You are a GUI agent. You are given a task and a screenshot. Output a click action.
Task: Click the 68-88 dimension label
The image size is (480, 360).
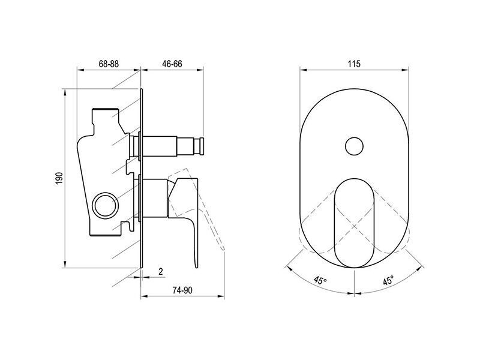(x=109, y=64)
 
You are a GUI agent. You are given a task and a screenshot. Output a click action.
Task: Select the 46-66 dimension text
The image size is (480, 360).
(x=172, y=64)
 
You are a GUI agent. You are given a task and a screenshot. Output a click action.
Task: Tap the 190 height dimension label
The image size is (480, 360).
(x=59, y=178)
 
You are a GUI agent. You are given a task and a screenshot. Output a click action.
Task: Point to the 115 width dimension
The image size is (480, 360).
(x=354, y=64)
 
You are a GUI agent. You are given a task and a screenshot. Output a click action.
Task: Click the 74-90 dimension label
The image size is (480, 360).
(x=182, y=290)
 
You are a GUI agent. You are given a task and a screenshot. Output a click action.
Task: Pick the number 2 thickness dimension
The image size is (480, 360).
(x=161, y=271)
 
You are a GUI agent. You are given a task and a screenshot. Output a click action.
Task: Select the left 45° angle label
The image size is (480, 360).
(x=320, y=280)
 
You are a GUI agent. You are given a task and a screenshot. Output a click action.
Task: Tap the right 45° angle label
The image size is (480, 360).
(x=388, y=280)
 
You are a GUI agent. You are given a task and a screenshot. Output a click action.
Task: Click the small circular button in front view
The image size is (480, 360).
(x=354, y=146)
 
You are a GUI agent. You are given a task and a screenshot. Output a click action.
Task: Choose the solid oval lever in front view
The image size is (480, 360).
(x=354, y=223)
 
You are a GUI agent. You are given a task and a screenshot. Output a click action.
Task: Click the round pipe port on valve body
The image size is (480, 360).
(x=106, y=205)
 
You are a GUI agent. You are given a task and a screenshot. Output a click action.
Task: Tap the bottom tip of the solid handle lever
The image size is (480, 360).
(x=197, y=267)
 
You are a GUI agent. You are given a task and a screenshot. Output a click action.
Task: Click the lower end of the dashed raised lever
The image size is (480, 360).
(x=223, y=248)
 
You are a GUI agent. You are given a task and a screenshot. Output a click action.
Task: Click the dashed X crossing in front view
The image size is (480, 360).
(x=354, y=226)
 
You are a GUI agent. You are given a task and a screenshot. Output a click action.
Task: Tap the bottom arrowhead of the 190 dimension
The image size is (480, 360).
(x=65, y=264)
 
